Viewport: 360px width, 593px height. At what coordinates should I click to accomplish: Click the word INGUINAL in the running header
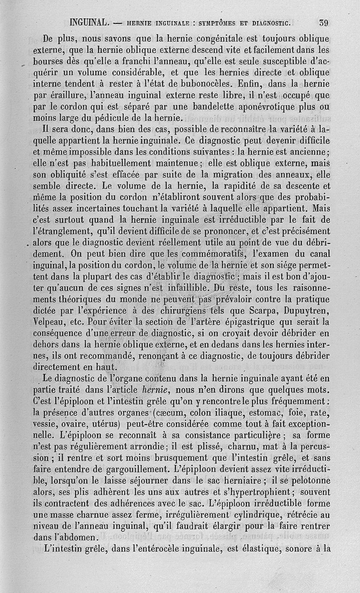coord(88,22)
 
